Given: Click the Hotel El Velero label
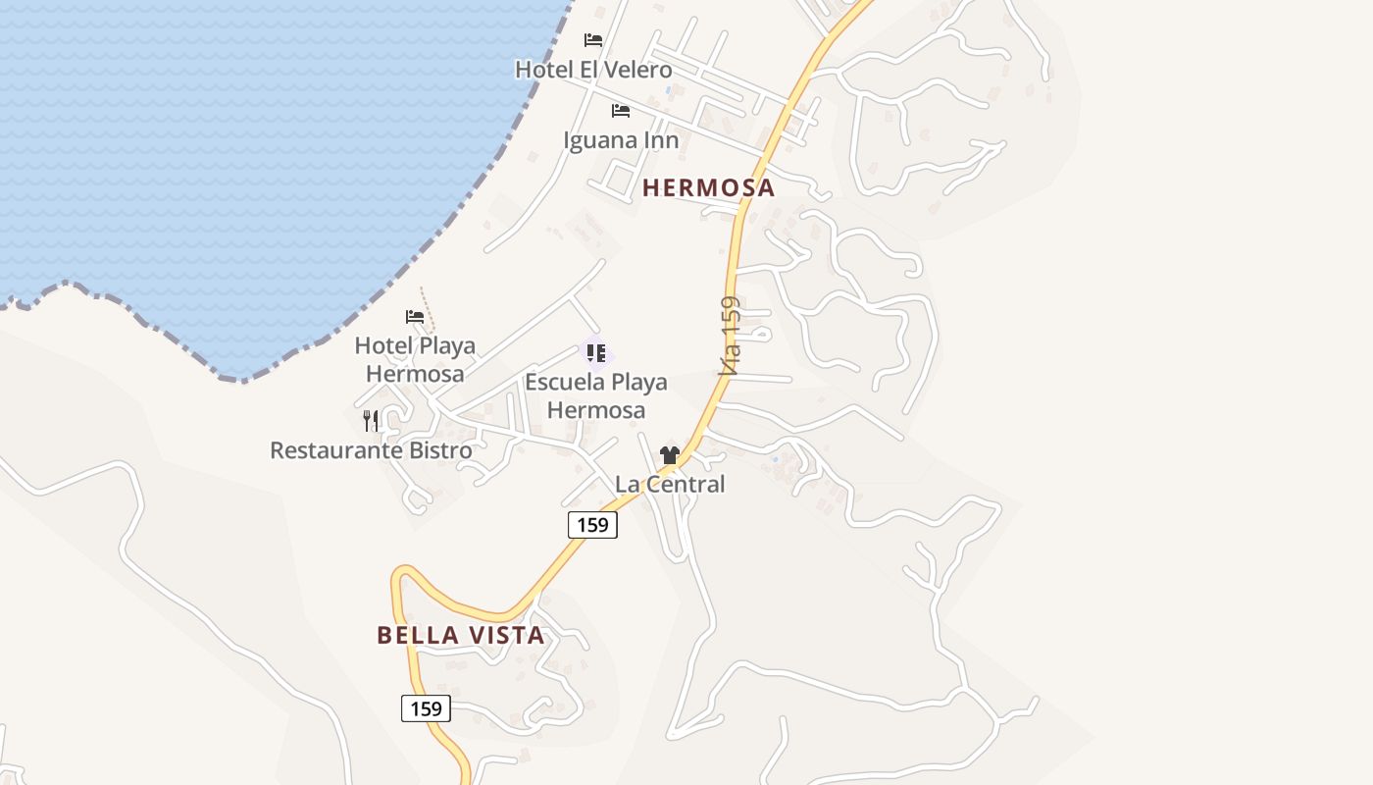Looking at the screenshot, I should pyautogui.click(x=593, y=70).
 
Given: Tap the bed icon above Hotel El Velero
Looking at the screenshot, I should pyautogui.click(x=593, y=40).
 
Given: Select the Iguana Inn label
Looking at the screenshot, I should pyautogui.click(x=621, y=140).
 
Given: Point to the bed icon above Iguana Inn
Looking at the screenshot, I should pyautogui.click(x=621, y=110).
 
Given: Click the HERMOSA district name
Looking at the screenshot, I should pyautogui.click(x=708, y=187).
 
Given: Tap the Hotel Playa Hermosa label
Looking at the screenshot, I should pyautogui.click(x=415, y=359).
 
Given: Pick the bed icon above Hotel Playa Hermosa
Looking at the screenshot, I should pyautogui.click(x=415, y=317).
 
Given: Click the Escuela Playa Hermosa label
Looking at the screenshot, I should pyautogui.click(x=596, y=395).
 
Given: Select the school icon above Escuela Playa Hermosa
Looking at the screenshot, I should pyautogui.click(x=595, y=353).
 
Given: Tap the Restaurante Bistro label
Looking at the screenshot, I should pyautogui.click(x=371, y=450).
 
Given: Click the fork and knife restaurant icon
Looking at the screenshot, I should pyautogui.click(x=371, y=421).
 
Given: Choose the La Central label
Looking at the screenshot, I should pyautogui.click(x=670, y=484).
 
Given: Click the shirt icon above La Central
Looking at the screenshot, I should pyautogui.click(x=670, y=455).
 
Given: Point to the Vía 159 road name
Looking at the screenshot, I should pyautogui.click(x=730, y=337).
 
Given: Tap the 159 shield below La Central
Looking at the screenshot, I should pyautogui.click(x=592, y=525).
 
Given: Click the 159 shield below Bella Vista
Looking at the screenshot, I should pyautogui.click(x=426, y=708).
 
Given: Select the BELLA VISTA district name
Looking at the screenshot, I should pyautogui.click(x=461, y=635).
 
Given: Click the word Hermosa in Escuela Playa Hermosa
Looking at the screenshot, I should pyautogui.click(x=596, y=410).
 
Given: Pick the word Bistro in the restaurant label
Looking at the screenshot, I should pyautogui.click(x=439, y=450).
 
